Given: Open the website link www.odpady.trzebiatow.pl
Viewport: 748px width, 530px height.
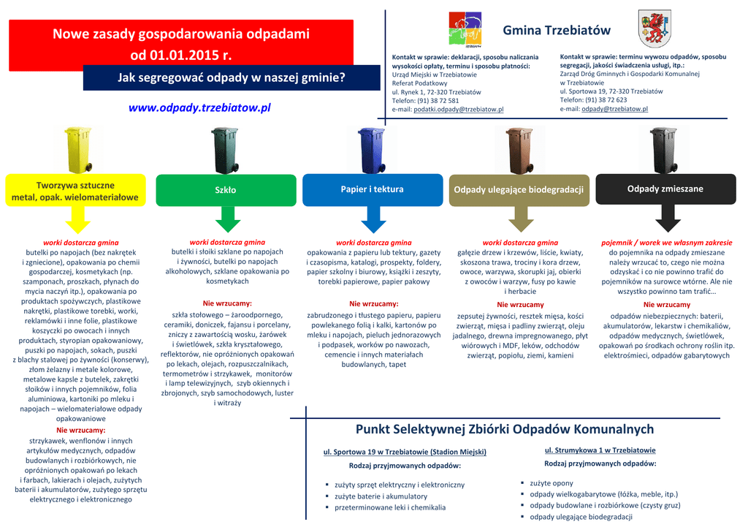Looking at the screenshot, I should pos(199,107).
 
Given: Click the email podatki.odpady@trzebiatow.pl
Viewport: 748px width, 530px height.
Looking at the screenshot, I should pos(458,109).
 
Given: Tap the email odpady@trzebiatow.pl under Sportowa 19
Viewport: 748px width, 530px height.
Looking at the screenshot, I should pos(614,109).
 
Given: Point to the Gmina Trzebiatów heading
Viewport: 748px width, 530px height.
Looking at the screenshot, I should pos(557,31).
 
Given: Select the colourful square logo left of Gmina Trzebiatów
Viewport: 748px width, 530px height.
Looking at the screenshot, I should pos(465,31).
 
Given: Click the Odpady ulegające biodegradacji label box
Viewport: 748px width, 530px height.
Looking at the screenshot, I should pos(519,190).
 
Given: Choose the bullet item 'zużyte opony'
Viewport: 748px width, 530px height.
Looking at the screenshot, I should pos(552,483).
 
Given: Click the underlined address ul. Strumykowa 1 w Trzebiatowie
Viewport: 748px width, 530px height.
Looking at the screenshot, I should pos(600,450).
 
